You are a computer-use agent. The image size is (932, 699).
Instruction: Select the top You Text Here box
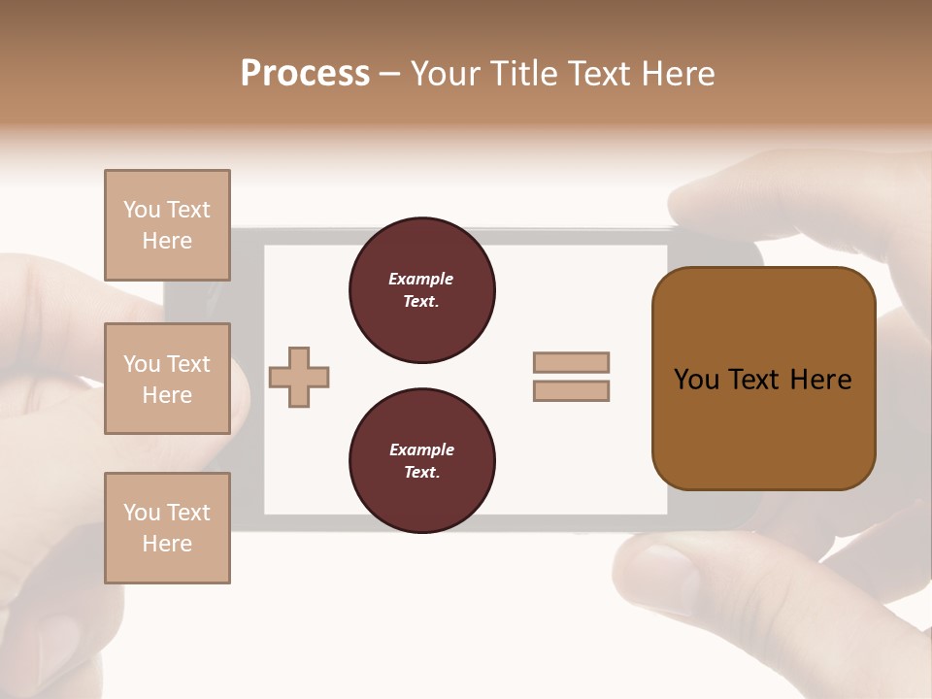pyautogui.click(x=167, y=225)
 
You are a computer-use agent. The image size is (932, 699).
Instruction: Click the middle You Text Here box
pyautogui.click(x=167, y=379)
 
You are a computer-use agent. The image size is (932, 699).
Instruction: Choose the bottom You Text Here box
pyautogui.click(x=167, y=527)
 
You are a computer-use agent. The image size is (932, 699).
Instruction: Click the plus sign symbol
pyautogui.click(x=299, y=377)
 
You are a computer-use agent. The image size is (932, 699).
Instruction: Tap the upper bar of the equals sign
pyautogui.click(x=571, y=362)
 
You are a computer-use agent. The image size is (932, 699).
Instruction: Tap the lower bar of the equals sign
pyautogui.click(x=571, y=390)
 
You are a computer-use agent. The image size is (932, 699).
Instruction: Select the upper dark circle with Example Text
pyautogui.click(x=421, y=290)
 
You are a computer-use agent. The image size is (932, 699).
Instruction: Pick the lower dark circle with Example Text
pyautogui.click(x=421, y=461)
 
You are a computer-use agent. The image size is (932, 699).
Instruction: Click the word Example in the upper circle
pyautogui.click(x=420, y=279)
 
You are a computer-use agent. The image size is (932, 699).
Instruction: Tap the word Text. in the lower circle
pyautogui.click(x=421, y=472)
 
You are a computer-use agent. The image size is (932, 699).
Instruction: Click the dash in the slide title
pyautogui.click(x=390, y=75)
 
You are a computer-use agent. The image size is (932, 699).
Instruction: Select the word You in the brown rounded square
pyautogui.click(x=696, y=380)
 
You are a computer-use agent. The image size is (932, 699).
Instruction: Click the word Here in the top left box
pyautogui.click(x=167, y=241)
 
